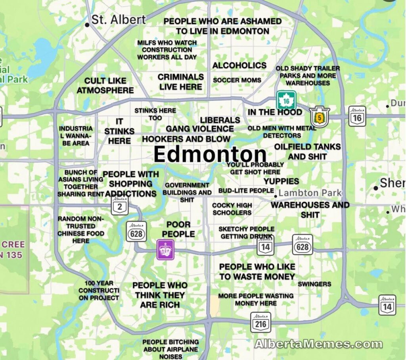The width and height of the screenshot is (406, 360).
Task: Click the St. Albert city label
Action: point(118,19)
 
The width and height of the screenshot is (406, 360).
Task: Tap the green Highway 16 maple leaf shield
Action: point(286,100)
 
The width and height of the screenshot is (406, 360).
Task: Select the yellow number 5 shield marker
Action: point(320,117)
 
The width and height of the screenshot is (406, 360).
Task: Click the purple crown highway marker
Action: point(165,250)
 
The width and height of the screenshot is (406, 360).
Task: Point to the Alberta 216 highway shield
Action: point(260,322)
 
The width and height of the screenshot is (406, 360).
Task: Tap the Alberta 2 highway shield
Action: point(119,205)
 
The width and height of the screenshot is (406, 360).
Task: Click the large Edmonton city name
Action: point(210,154)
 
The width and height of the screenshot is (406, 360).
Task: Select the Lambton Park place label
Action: point(310,193)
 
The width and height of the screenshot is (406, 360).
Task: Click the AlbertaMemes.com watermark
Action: point(318,344)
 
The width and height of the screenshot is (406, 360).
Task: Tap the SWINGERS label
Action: point(314,284)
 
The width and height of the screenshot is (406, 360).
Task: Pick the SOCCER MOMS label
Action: point(237,80)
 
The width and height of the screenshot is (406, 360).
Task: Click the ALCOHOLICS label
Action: point(239,65)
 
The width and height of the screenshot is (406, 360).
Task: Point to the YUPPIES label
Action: point(282,181)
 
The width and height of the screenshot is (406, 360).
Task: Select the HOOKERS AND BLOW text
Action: point(186,139)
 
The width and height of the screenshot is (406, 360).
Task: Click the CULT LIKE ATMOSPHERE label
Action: point(105,86)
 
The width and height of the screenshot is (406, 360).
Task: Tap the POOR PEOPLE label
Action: point(178,229)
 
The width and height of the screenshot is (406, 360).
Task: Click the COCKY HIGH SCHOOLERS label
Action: point(232,209)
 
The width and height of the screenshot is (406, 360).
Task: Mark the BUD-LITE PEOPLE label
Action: point(246,191)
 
